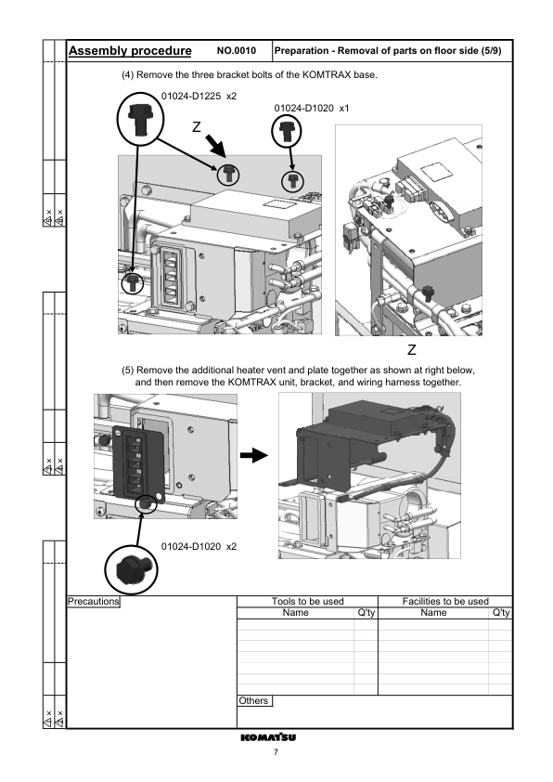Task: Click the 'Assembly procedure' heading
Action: pyautogui.click(x=131, y=50)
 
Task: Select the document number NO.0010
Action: pyautogui.click(x=236, y=51)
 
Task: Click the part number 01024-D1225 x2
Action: pyautogui.click(x=199, y=96)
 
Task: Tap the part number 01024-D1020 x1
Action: pyautogui.click(x=312, y=109)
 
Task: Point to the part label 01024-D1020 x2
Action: pyautogui.click(x=199, y=546)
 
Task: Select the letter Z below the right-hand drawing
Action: pyautogui.click(x=411, y=350)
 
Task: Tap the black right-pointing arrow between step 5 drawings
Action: pyautogui.click(x=252, y=456)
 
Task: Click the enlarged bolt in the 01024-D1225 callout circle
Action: pyautogui.click(x=139, y=118)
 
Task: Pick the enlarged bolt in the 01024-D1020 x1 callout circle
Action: pyautogui.click(x=286, y=132)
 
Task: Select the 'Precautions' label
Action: pyautogui.click(x=94, y=601)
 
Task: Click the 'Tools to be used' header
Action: pyautogui.click(x=307, y=601)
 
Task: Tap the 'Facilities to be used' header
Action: pyautogui.click(x=445, y=601)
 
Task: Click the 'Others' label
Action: pyautogui.click(x=253, y=700)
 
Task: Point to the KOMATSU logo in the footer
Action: pyautogui.click(x=276, y=737)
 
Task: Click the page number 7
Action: pyautogui.click(x=276, y=752)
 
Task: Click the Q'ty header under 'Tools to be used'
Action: pyautogui.click(x=366, y=612)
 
